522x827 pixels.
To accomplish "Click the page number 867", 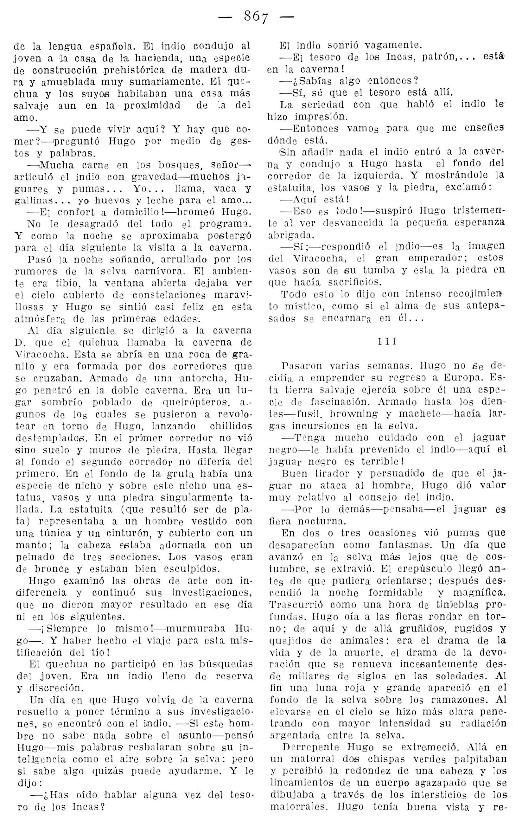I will coord(256,16).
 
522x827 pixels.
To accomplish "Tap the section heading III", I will coord(387,342).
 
